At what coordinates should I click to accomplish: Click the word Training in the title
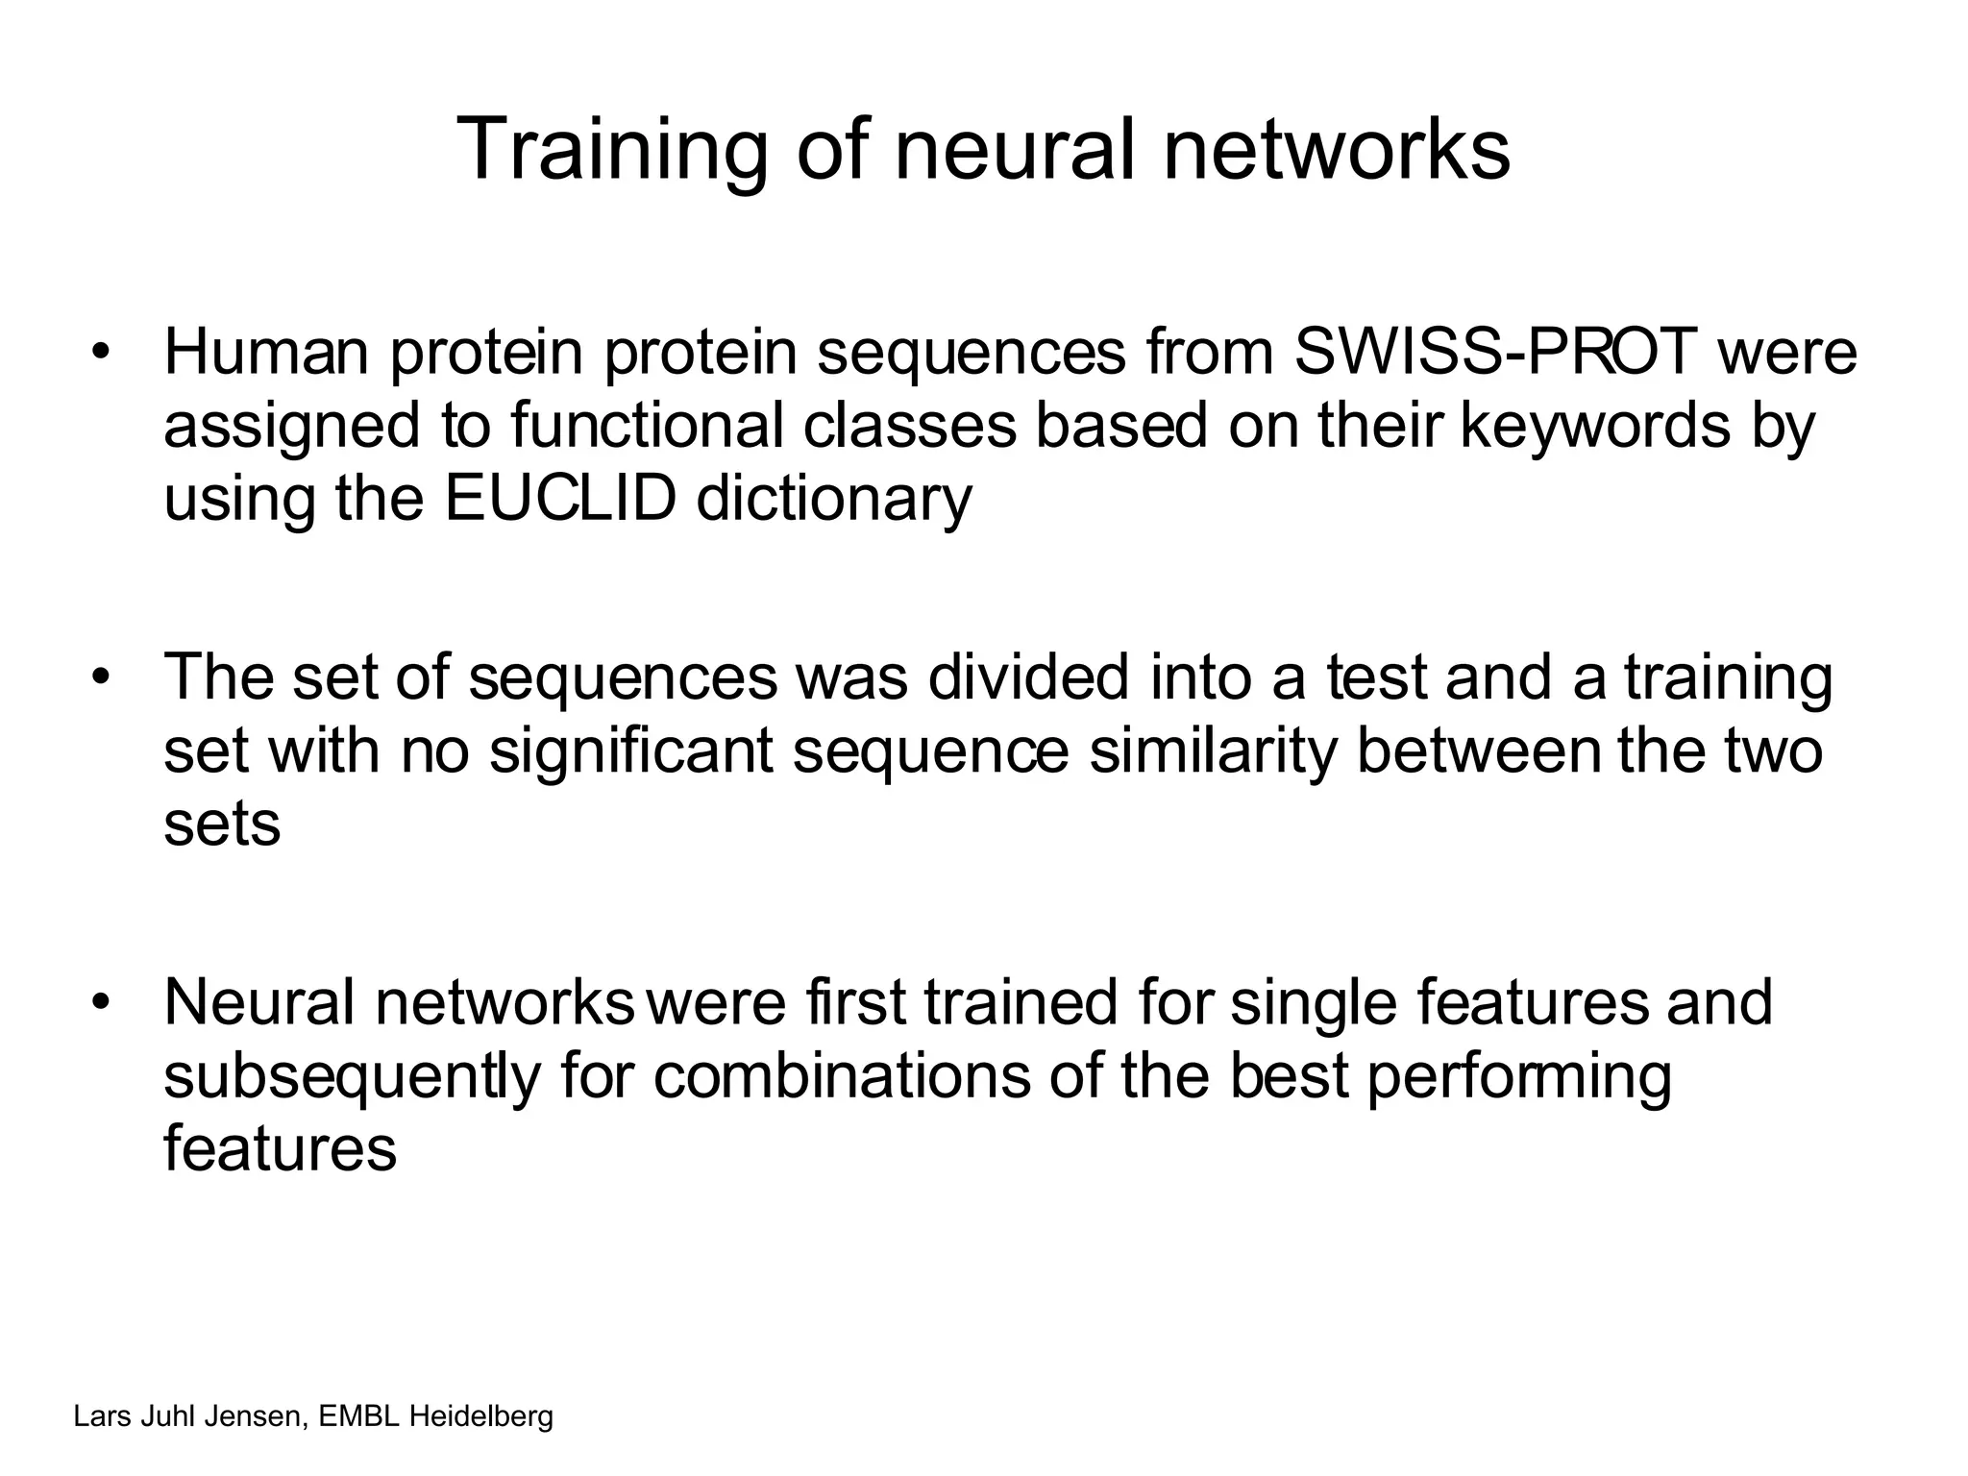click(x=611, y=150)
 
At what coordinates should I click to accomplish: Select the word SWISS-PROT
click(x=1496, y=352)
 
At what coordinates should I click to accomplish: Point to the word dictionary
click(x=833, y=500)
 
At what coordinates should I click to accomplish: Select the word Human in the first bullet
click(x=266, y=352)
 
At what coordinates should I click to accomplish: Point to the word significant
click(x=630, y=751)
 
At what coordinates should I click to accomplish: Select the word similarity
click(x=1213, y=751)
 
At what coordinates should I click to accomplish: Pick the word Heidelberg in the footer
click(x=481, y=1416)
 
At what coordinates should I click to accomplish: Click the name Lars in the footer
click(x=96, y=1416)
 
